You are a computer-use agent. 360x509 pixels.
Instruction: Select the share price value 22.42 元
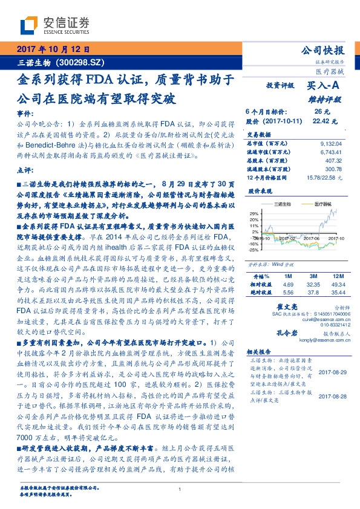click(x=321, y=121)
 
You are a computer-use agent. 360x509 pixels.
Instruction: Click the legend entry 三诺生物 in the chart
click(x=284, y=203)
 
